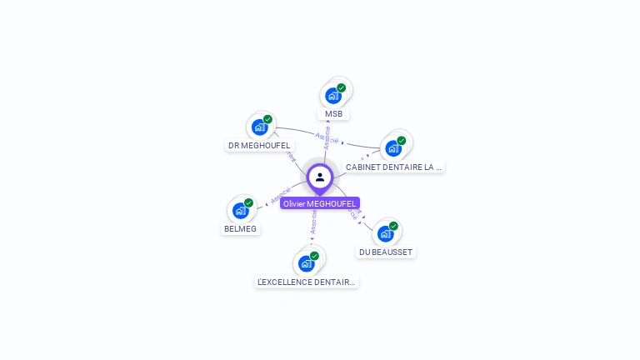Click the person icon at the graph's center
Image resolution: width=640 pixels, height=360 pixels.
tap(320, 177)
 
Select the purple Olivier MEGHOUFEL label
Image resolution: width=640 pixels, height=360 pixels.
tap(320, 203)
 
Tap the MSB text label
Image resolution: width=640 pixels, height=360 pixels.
tap(333, 113)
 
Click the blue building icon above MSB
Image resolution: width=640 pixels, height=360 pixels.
tap(332, 95)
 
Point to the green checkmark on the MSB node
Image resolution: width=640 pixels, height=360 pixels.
tap(341, 87)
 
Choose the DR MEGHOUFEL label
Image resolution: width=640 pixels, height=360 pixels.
tap(259, 145)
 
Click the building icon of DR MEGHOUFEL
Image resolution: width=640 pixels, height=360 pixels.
tap(259, 127)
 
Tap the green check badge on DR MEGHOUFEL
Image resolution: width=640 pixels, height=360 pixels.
tap(267, 119)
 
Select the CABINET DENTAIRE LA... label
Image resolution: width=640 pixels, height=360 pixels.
tap(393, 167)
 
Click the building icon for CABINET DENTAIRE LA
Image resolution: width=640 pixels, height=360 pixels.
tap(392, 149)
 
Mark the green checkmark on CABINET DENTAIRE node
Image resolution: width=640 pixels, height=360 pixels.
tap(401, 141)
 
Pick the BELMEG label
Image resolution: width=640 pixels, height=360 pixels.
tap(240, 228)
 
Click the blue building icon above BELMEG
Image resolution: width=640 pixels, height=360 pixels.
tap(240, 211)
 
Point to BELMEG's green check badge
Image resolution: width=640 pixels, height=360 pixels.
tap(248, 202)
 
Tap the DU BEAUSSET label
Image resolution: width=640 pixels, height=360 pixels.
tap(385, 252)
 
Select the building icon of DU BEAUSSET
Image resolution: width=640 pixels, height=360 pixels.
tap(385, 233)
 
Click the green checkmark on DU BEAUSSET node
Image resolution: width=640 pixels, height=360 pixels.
tap(393, 226)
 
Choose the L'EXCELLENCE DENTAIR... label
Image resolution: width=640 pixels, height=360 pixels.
tap(306, 282)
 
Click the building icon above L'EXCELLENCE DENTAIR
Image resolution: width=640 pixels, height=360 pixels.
tap(306, 263)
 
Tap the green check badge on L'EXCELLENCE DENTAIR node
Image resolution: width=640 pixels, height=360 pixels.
tap(314, 256)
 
